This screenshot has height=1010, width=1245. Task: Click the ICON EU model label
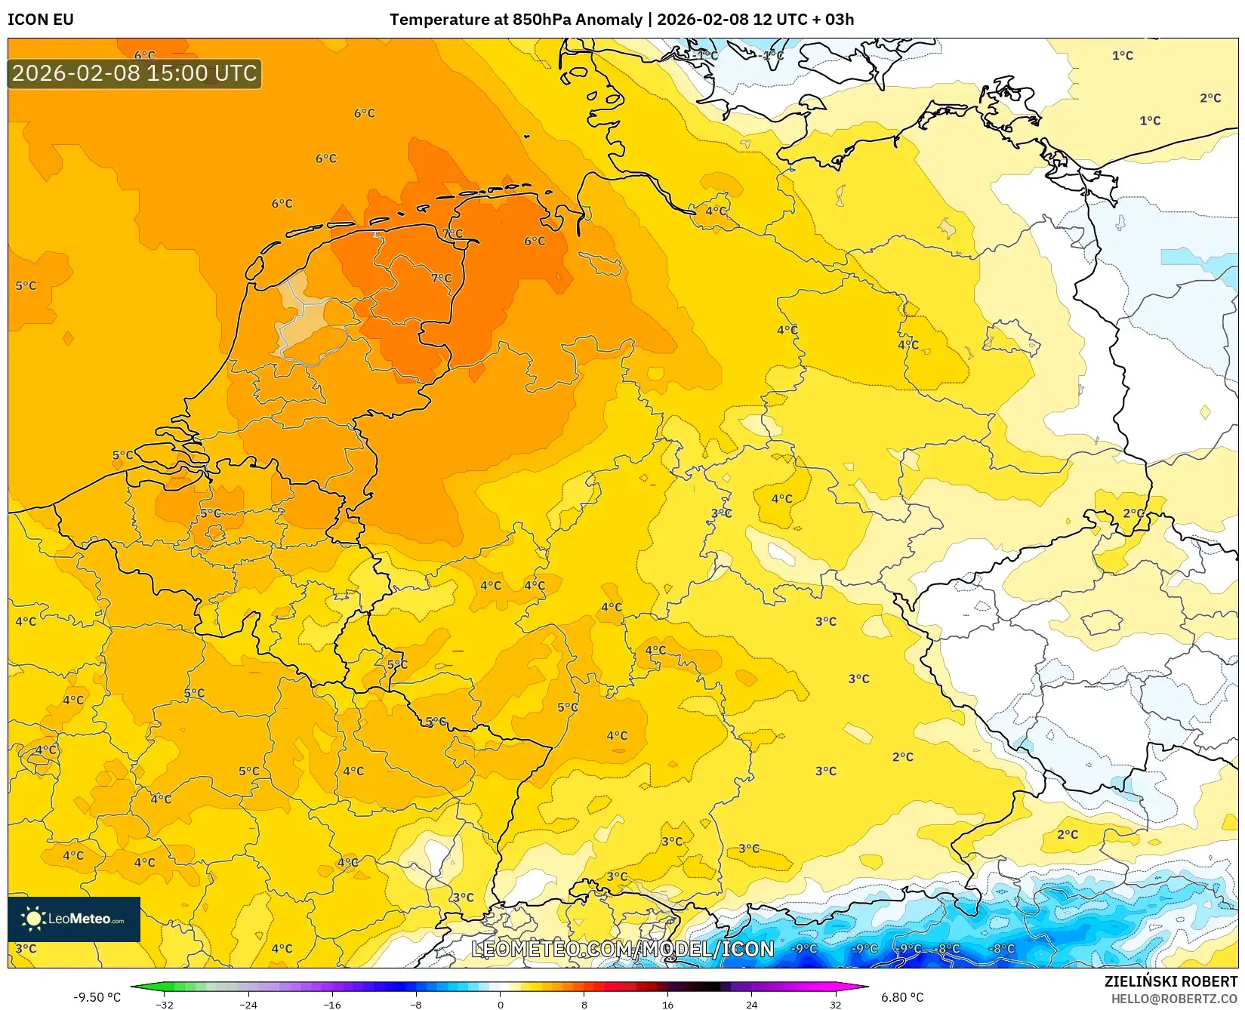(x=41, y=20)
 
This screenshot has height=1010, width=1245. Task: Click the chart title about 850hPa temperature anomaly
(x=621, y=20)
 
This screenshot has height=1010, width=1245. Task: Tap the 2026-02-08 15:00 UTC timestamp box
(x=134, y=73)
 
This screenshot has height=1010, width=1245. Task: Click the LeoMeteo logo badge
(x=74, y=919)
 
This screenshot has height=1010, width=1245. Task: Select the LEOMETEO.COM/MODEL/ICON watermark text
(x=623, y=949)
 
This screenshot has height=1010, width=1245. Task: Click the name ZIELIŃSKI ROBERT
(x=1171, y=981)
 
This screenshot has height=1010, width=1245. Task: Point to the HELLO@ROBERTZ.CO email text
(x=1174, y=999)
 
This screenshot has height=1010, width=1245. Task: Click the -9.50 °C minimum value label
(x=97, y=997)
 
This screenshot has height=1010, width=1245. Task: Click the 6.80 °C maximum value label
(x=902, y=997)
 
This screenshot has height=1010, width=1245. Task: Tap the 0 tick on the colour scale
(x=500, y=1005)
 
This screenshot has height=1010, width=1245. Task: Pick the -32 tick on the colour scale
(x=164, y=1005)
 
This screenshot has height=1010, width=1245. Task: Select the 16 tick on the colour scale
(x=667, y=1005)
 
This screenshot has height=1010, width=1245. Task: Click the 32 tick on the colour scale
(x=835, y=1005)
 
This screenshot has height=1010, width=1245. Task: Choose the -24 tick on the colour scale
(x=248, y=1005)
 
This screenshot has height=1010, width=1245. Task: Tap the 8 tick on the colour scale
(x=584, y=1005)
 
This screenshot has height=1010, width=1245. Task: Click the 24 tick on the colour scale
(x=751, y=1005)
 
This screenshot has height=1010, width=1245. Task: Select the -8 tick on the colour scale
(x=416, y=1005)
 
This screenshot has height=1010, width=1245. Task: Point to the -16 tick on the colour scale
(x=332, y=1005)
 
